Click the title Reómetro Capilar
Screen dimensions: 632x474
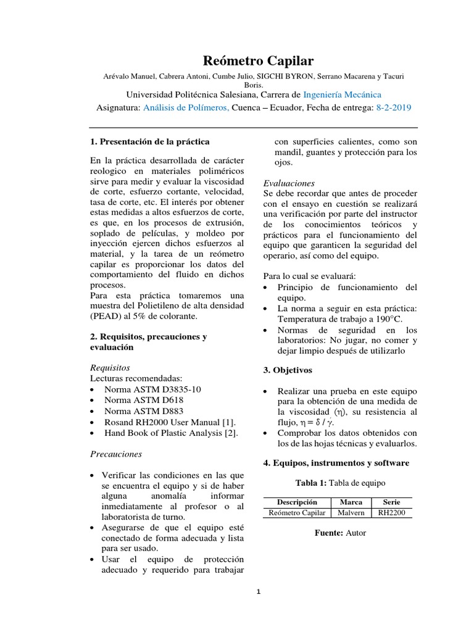pyautogui.click(x=258, y=60)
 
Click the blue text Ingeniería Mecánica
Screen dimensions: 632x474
pyautogui.click(x=342, y=94)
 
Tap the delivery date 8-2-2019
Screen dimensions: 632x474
pyautogui.click(x=393, y=107)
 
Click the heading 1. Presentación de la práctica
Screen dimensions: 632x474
pyautogui.click(x=150, y=141)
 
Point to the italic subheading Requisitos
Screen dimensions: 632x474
pyautogui.click(x=110, y=367)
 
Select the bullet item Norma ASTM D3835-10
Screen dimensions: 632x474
pyautogui.click(x=152, y=389)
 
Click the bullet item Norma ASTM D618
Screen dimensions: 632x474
pyautogui.click(x=144, y=400)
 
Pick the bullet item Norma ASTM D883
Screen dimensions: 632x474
pyautogui.click(x=144, y=411)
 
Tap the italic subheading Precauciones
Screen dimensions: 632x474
pyautogui.click(x=116, y=454)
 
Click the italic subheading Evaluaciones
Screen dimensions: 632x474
pyautogui.click(x=289, y=183)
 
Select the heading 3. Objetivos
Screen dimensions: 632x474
pyautogui.click(x=288, y=370)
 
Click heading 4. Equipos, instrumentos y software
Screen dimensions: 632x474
pyautogui.click(x=336, y=463)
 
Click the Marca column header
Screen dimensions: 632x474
pyautogui.click(x=351, y=502)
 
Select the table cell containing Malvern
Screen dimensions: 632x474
pyautogui.click(x=351, y=512)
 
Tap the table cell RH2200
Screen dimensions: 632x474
pyautogui.click(x=391, y=512)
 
